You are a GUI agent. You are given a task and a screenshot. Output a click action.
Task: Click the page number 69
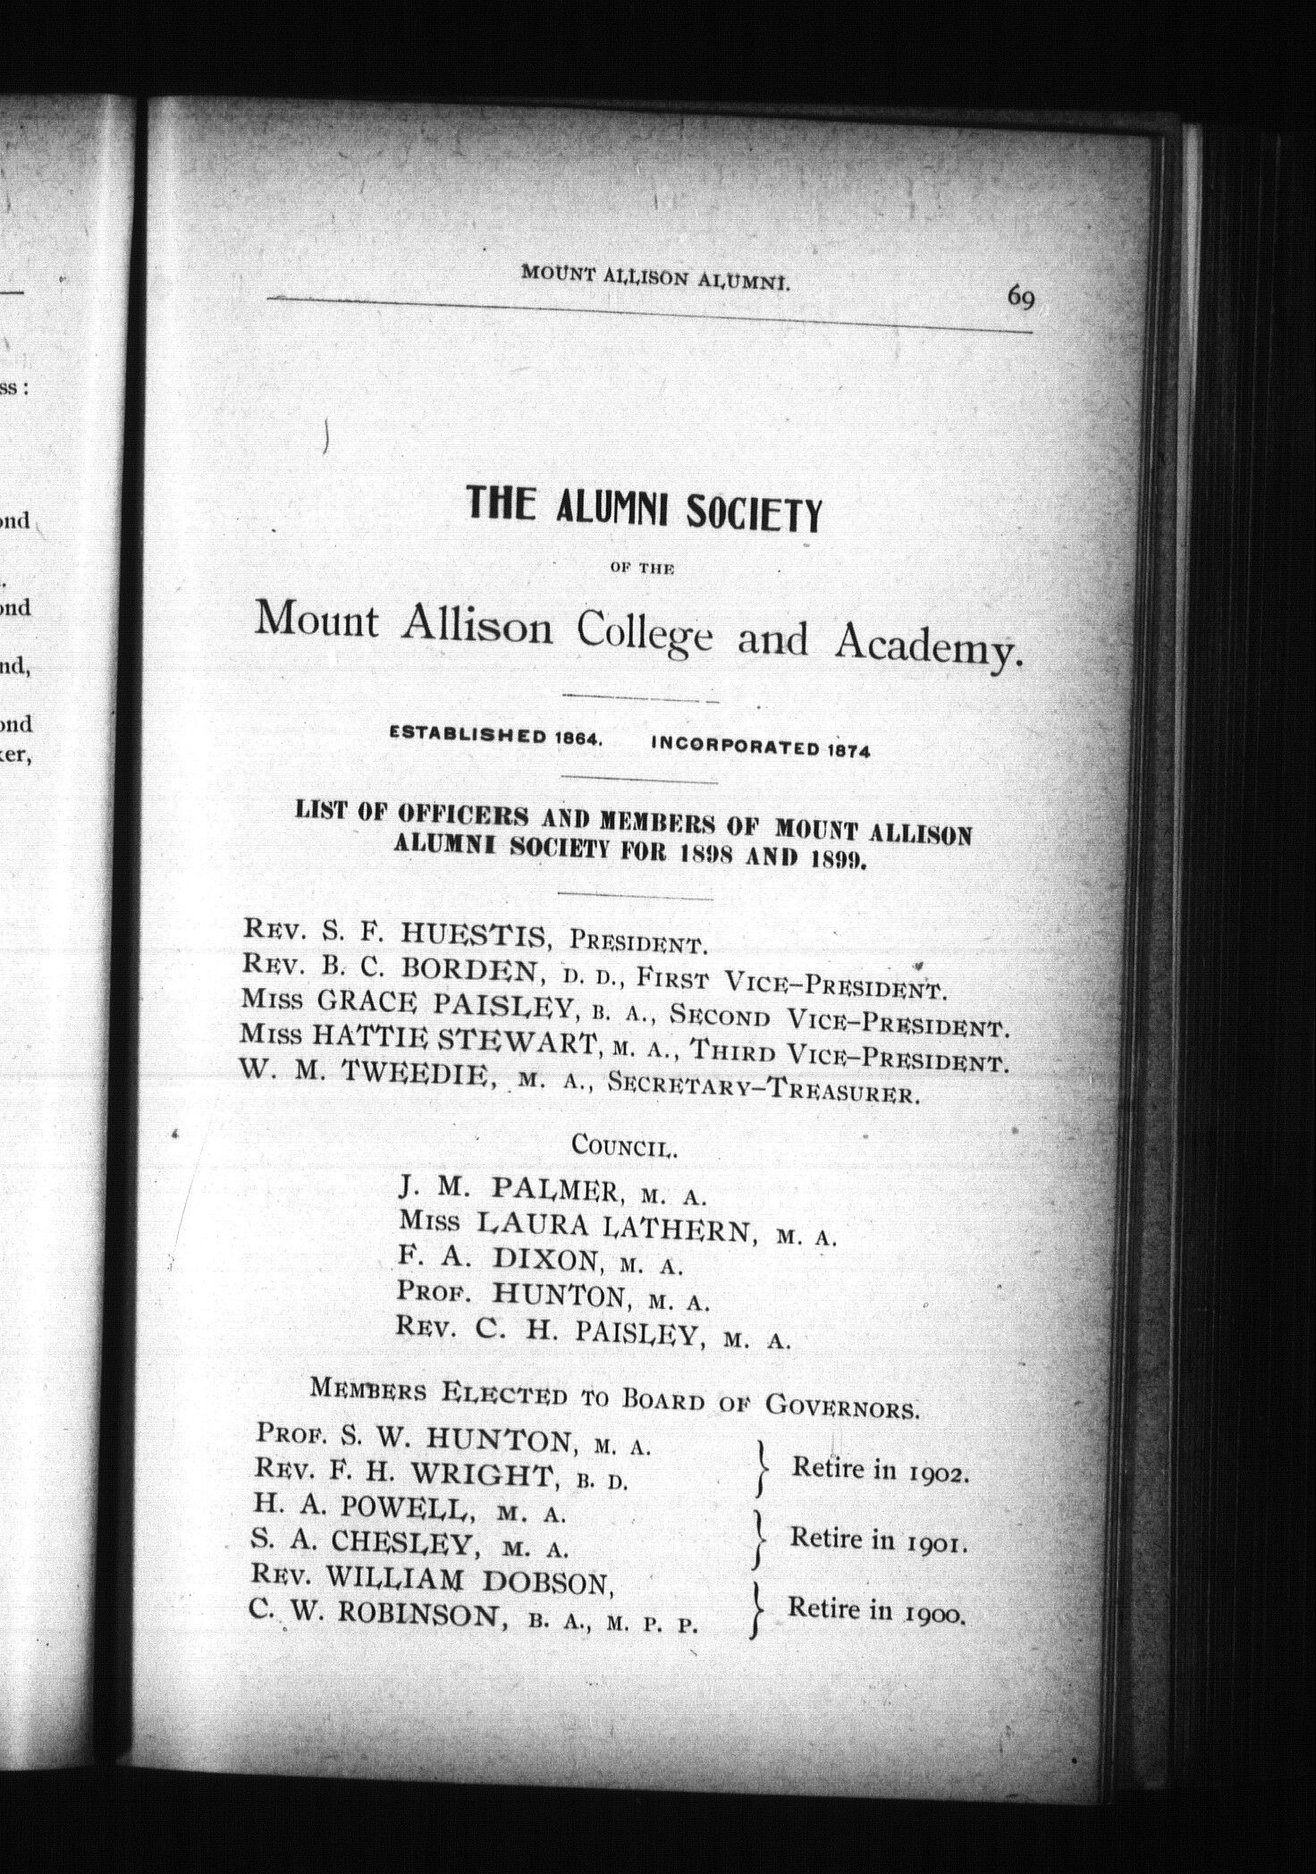[1020, 296]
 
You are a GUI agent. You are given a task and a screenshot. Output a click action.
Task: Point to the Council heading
[624, 1145]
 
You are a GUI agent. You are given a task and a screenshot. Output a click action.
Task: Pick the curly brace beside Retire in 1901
[759, 1540]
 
